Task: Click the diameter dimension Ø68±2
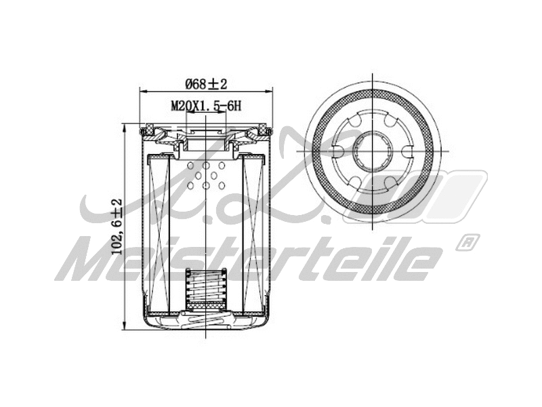click(206, 83)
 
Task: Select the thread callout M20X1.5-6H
click(206, 105)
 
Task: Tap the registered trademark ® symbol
click(467, 241)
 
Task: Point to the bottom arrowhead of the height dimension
click(125, 323)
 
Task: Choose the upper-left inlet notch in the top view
click(353, 122)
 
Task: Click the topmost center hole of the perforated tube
click(206, 166)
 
